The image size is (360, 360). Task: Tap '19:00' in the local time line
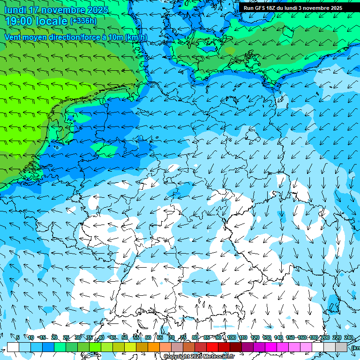point(19,21)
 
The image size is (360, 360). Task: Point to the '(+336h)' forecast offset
point(83,21)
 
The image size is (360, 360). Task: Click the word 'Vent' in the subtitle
point(14,37)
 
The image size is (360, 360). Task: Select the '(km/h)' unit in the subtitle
point(136,37)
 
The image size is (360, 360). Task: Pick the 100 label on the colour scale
point(231,338)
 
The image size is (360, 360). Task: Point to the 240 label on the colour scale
point(348,338)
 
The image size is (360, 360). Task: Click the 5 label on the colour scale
point(18,338)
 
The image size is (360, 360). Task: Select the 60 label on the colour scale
point(148,338)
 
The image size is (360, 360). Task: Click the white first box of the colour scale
point(13,347)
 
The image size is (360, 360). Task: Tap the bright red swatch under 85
point(212,347)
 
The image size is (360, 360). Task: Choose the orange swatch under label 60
point(154,347)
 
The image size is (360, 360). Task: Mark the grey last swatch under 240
point(341,347)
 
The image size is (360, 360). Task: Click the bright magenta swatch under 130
point(271,347)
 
